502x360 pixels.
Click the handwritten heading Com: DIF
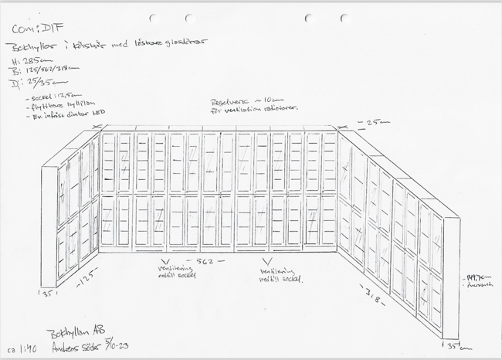click(32, 29)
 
